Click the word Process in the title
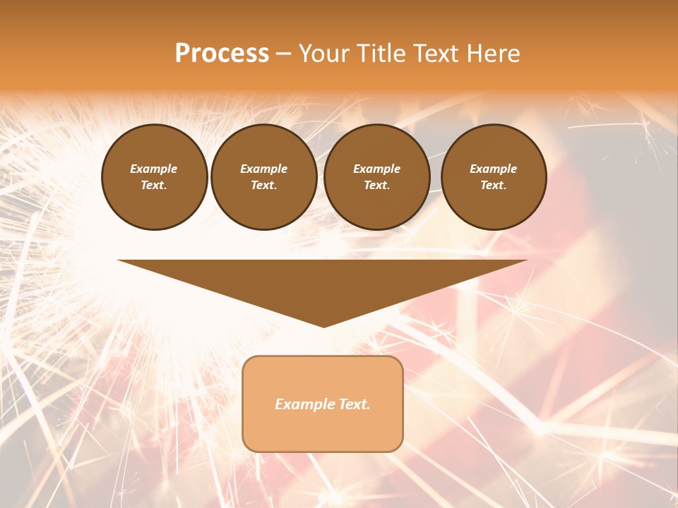click(x=222, y=54)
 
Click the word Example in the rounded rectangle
click(x=304, y=404)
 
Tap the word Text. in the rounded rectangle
click(x=353, y=404)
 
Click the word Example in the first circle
click(x=154, y=169)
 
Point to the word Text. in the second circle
click(x=263, y=185)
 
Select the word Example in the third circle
click(x=376, y=169)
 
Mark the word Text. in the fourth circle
click(x=493, y=185)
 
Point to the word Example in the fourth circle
click(x=493, y=169)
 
